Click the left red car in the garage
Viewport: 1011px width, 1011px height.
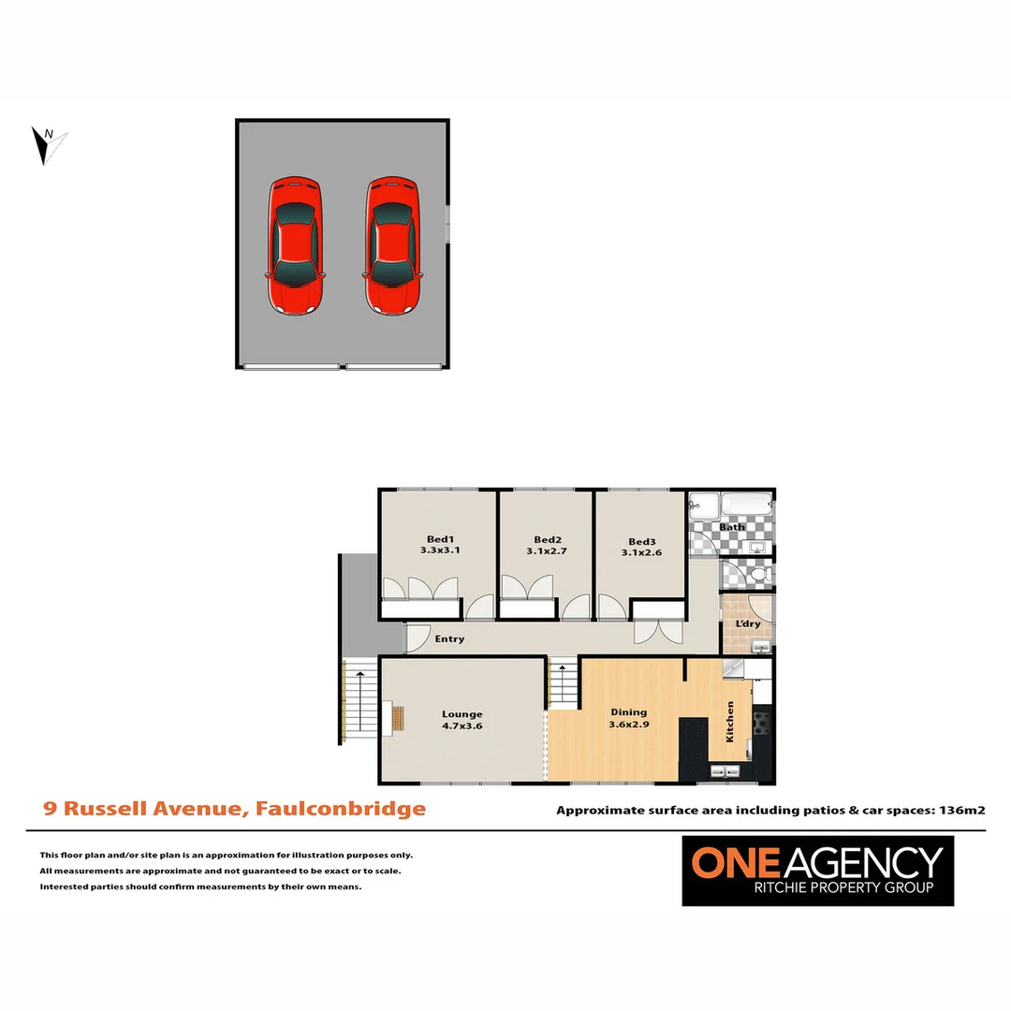point(296,245)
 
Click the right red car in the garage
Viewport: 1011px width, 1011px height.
point(390,245)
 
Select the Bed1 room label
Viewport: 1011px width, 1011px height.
point(440,539)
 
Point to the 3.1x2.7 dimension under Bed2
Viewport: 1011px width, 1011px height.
point(548,552)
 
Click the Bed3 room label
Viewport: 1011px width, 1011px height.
point(642,541)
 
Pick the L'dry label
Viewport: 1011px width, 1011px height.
point(747,623)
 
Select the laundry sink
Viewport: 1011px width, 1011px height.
point(762,646)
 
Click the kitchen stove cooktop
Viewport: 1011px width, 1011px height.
point(761,722)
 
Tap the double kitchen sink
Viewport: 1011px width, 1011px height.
point(725,771)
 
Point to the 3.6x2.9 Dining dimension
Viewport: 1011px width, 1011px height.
point(629,725)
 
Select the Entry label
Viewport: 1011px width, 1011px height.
point(449,639)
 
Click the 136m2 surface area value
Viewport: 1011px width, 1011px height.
point(964,811)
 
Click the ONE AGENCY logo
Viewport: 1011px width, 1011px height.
point(817,871)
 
